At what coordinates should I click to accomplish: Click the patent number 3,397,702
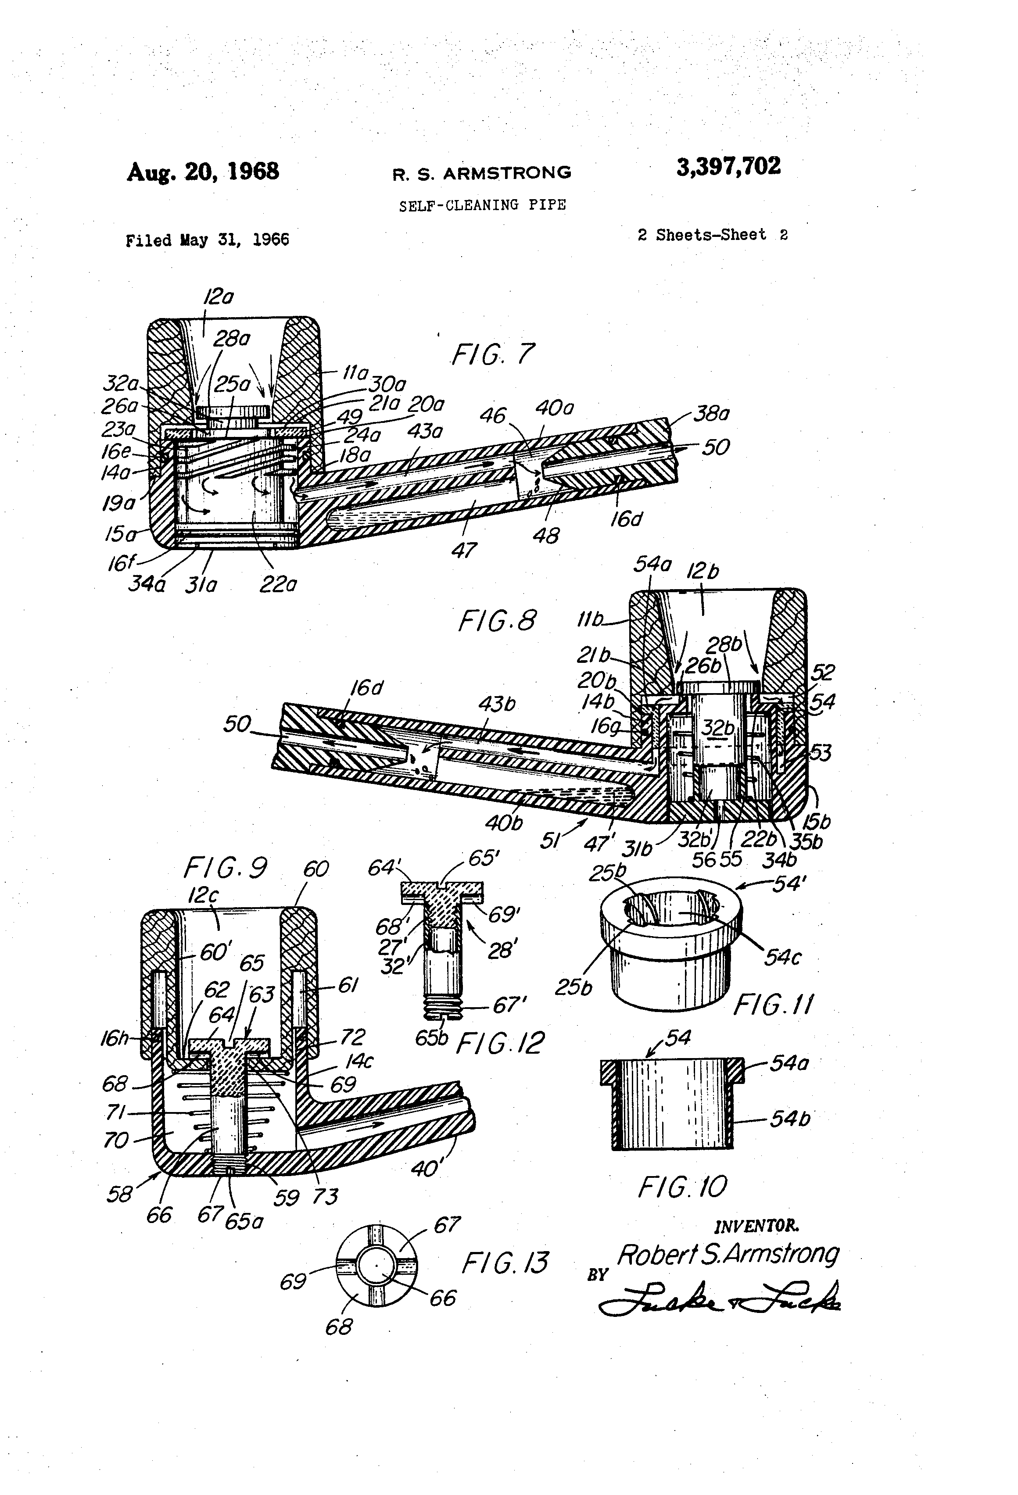[x=728, y=167]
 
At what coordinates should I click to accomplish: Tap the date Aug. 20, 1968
[x=203, y=172]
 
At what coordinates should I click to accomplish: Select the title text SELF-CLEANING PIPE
[x=482, y=205]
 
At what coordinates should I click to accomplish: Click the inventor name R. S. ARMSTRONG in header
[x=482, y=173]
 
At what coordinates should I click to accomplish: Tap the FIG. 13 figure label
[x=505, y=1262]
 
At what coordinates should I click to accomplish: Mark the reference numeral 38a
[x=711, y=414]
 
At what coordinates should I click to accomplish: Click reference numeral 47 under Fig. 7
[x=464, y=550]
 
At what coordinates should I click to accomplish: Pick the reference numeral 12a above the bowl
[x=218, y=297]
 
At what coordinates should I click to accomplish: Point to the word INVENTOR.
[x=757, y=1226]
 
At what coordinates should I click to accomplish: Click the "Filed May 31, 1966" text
[x=207, y=240]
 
